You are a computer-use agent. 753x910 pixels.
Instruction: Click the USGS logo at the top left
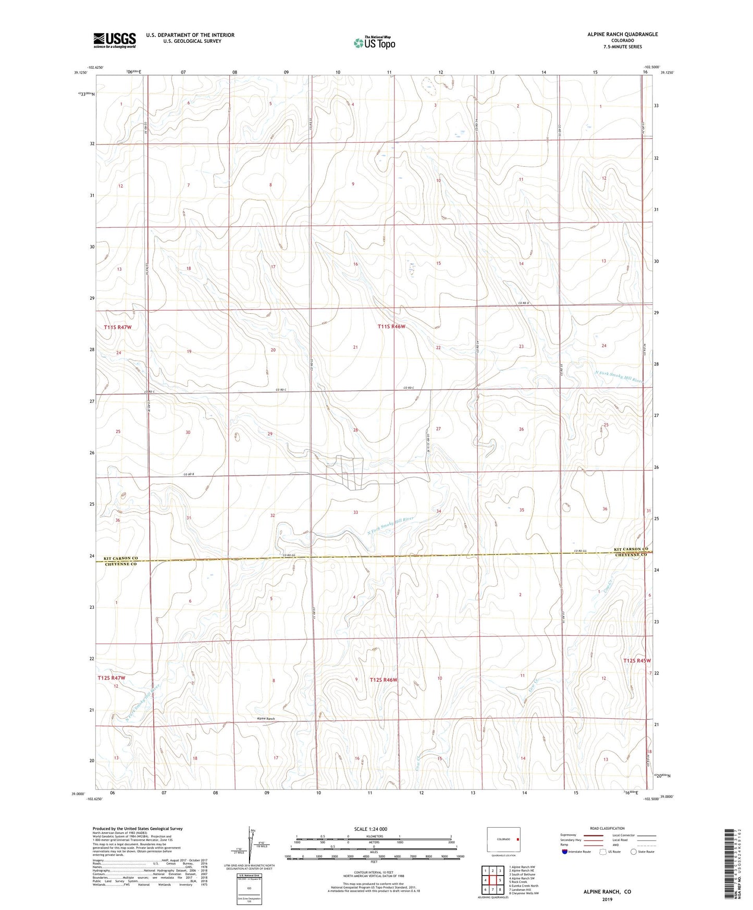pos(114,40)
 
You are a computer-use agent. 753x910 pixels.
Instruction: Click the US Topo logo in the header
pos(374,43)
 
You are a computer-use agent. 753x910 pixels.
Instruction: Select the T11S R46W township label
pos(391,327)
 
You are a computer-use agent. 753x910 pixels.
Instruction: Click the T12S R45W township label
pos(637,660)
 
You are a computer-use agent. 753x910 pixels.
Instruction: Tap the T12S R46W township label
pos(384,680)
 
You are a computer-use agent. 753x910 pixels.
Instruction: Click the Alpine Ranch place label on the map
pos(266,719)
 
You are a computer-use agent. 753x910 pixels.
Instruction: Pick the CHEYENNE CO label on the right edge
pos(630,555)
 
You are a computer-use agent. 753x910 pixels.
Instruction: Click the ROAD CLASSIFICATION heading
pos(607,828)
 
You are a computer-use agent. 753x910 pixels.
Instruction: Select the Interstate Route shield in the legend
pos(565,852)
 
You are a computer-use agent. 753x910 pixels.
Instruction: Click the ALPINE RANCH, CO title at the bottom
pos(607,892)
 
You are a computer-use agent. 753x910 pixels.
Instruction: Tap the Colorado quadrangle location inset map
pos(503,840)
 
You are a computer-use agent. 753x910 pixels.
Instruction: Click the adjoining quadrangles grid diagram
pos(492,880)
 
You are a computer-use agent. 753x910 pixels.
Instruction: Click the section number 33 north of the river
pos(355,512)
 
